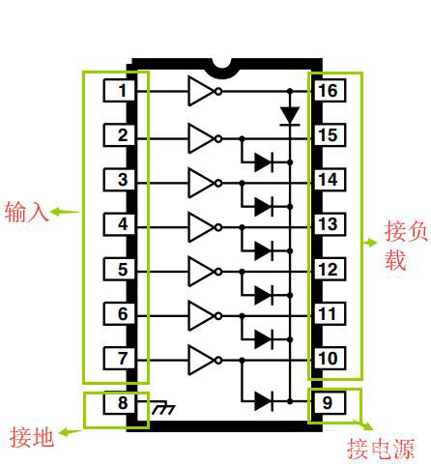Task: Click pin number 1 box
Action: [x=122, y=91]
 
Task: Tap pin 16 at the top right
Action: [x=328, y=91]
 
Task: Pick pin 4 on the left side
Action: [x=122, y=225]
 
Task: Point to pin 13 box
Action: [x=328, y=225]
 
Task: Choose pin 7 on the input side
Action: [x=122, y=359]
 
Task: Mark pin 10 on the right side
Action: [x=328, y=359]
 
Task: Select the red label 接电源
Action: [x=380, y=449]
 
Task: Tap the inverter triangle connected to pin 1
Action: [x=202, y=91]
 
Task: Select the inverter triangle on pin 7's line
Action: [x=202, y=359]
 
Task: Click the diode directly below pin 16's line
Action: [x=289, y=116]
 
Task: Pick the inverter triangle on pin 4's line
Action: [x=202, y=225]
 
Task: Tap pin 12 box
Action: [x=328, y=270]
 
